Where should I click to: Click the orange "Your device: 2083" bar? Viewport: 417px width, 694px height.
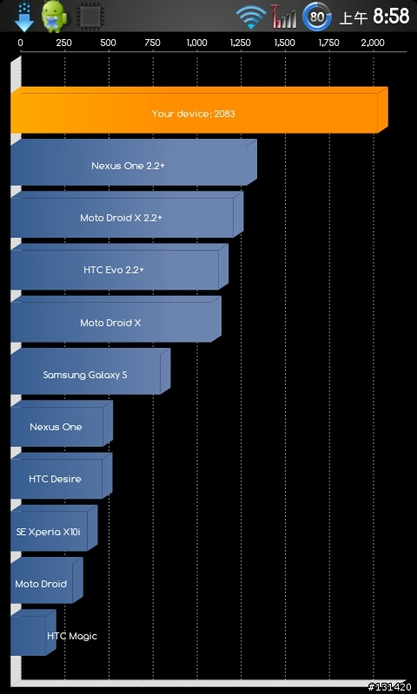(199, 110)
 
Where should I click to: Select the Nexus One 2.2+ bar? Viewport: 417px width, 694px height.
(134, 162)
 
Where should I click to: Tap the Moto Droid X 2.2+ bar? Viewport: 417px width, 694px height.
(127, 214)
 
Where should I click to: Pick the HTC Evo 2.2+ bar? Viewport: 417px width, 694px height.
(119, 267)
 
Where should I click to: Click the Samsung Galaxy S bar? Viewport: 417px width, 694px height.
(90, 371)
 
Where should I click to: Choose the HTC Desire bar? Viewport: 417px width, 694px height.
(61, 475)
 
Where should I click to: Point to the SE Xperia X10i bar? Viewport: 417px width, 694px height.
(54, 528)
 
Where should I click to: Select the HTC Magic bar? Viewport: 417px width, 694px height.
(33, 632)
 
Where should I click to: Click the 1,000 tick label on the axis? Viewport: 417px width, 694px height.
(196, 43)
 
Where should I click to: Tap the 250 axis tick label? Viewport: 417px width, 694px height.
(64, 43)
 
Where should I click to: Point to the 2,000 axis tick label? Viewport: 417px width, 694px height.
(374, 43)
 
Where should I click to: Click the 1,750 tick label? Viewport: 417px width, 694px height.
(328, 43)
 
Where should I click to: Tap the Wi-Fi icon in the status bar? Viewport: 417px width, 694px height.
(251, 17)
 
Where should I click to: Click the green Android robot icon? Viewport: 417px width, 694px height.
(55, 16)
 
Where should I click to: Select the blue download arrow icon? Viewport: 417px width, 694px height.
(24, 16)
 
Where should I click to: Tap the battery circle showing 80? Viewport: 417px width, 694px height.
(316, 16)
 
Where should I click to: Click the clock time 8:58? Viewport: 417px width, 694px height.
(391, 16)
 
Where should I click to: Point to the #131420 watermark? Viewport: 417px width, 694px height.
(389, 687)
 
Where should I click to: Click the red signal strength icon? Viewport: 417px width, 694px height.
(283, 17)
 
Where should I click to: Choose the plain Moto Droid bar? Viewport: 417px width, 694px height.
(46, 580)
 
